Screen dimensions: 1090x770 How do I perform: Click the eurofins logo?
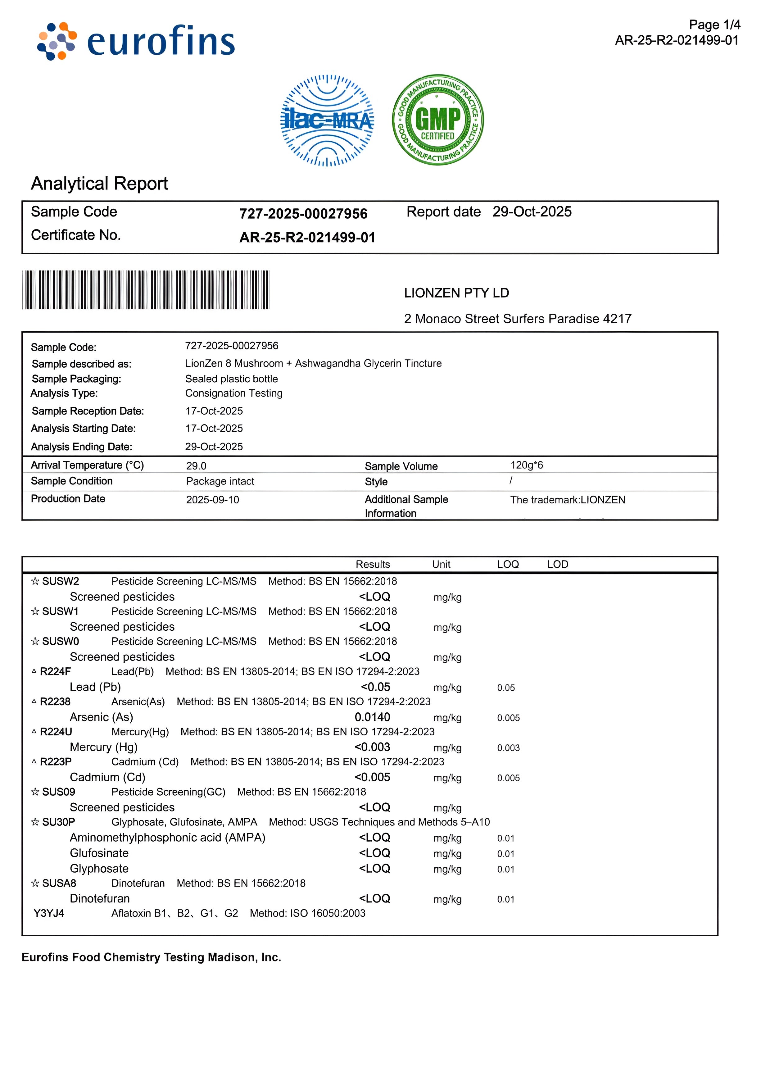pyautogui.click(x=136, y=42)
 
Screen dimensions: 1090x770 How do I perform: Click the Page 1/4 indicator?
pyautogui.click(x=714, y=25)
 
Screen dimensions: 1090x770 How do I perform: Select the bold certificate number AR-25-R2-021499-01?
pyautogui.click(x=307, y=237)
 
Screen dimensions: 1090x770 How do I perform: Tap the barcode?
pyautogui.click(x=146, y=290)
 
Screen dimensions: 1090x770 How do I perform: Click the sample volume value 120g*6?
pyautogui.click(x=527, y=465)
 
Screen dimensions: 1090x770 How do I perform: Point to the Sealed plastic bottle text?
pyautogui.click(x=231, y=379)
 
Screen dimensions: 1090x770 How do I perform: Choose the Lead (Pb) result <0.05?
pyautogui.click(x=375, y=687)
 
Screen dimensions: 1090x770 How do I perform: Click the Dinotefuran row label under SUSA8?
pyautogui.click(x=100, y=899)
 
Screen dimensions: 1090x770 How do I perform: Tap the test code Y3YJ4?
pyautogui.click(x=49, y=913)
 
